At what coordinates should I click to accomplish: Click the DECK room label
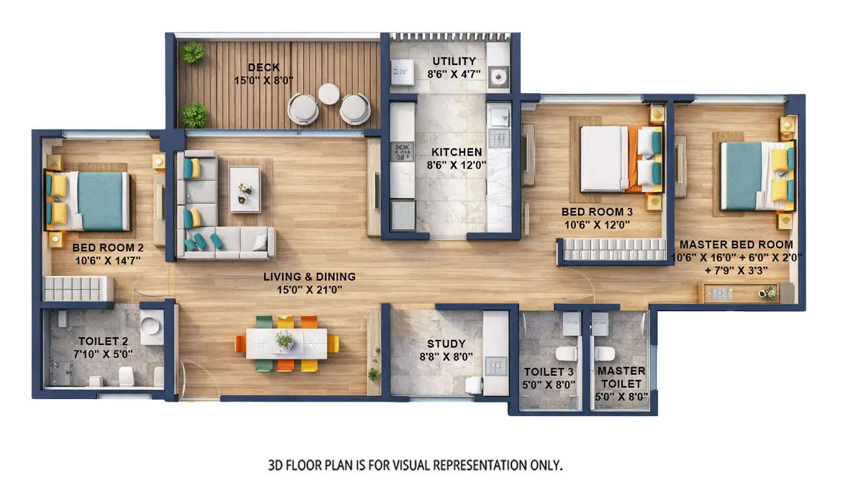(264, 67)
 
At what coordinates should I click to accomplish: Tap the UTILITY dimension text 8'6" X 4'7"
(454, 74)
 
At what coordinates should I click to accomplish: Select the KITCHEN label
(457, 152)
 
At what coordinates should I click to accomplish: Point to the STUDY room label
(446, 344)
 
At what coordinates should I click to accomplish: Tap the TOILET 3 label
(549, 372)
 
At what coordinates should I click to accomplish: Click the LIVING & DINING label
(309, 277)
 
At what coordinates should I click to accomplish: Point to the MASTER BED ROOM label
(736, 245)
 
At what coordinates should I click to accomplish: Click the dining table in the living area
(286, 343)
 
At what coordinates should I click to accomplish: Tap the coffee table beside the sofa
(244, 189)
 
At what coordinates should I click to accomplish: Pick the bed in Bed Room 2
(98, 201)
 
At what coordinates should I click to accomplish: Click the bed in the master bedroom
(749, 176)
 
